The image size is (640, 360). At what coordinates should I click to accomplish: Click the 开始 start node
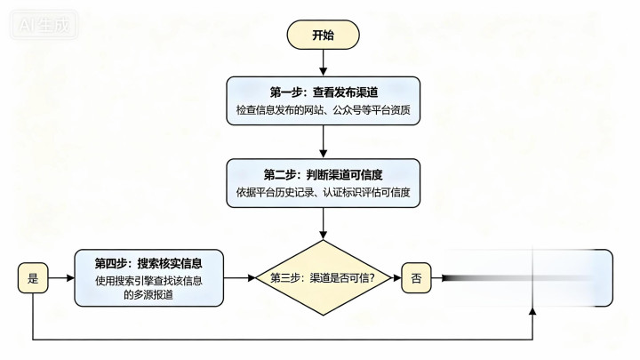click(323, 36)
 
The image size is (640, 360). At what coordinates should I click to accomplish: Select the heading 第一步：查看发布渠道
click(323, 92)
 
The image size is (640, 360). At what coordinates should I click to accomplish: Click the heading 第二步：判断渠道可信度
click(323, 172)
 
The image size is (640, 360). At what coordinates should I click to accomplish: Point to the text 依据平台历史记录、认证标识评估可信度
click(323, 192)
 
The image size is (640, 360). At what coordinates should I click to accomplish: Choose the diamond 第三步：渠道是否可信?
click(323, 278)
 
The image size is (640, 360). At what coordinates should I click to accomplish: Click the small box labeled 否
click(417, 278)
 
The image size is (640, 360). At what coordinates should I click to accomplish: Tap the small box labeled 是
click(33, 278)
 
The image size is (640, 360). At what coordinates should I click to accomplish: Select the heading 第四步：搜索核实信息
click(148, 263)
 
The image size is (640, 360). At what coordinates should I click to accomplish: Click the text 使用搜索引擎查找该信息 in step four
click(148, 281)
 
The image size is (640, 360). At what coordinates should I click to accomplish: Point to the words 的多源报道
click(148, 295)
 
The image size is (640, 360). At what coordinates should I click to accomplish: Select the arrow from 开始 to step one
click(323, 62)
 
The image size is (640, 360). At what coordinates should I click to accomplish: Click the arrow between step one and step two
click(323, 142)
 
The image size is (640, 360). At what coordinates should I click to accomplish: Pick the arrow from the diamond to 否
click(392, 278)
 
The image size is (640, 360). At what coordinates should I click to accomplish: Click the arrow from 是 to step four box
click(60, 278)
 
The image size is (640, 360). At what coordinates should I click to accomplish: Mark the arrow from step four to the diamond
click(238, 278)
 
